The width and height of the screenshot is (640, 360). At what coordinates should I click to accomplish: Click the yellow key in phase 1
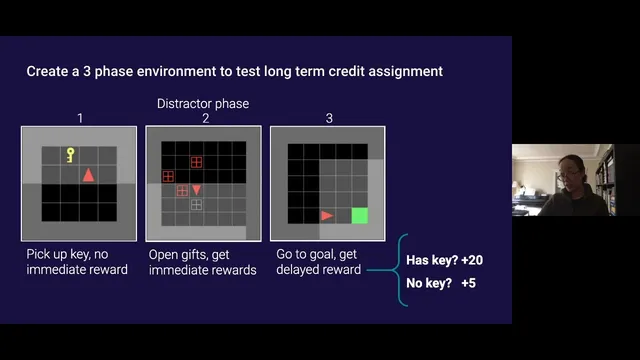click(x=70, y=155)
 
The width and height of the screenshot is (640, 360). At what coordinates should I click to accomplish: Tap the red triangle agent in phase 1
click(x=88, y=176)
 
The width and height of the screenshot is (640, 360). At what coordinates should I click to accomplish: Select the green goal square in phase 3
click(x=360, y=215)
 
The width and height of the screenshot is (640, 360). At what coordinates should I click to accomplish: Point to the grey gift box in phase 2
click(x=197, y=204)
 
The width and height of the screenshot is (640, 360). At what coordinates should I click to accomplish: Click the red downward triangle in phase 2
click(x=197, y=189)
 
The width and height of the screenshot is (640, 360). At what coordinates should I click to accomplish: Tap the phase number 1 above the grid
click(x=80, y=118)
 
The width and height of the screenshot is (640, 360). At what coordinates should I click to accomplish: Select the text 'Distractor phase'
click(x=203, y=104)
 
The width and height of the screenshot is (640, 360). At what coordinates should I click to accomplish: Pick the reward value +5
click(x=469, y=283)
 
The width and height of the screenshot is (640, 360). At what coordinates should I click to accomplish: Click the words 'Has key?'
click(x=430, y=260)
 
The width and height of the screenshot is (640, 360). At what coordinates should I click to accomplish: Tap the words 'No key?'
click(x=428, y=283)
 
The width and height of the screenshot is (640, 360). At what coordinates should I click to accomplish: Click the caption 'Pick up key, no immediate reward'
click(x=77, y=262)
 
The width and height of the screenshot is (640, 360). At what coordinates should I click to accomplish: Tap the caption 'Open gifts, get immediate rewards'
click(x=203, y=262)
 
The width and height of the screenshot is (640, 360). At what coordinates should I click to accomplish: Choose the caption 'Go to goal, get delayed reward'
click(x=319, y=262)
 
